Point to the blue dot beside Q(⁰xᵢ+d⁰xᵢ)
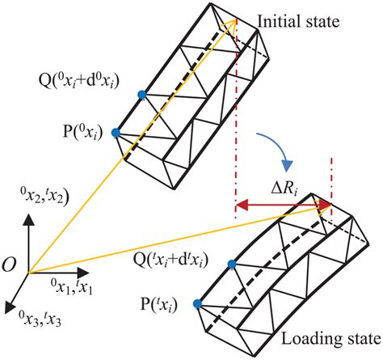143,95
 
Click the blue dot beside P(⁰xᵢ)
117,132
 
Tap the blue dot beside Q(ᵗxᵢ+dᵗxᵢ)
232,265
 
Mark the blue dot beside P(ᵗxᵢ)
196,303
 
